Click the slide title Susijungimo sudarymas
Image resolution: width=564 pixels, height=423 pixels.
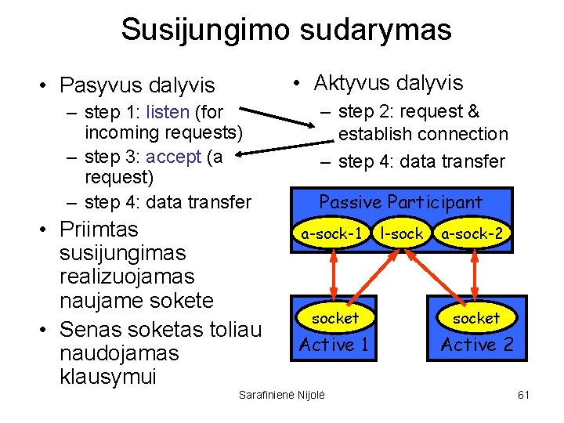click(x=286, y=30)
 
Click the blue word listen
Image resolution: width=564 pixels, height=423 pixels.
click(x=167, y=112)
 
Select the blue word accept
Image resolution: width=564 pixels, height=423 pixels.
click(x=174, y=157)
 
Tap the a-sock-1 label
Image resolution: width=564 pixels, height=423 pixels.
click(x=332, y=233)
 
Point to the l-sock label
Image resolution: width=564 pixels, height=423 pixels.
click(x=401, y=233)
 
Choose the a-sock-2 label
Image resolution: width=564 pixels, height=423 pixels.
click(x=472, y=233)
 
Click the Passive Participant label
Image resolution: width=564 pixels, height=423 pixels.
click(x=400, y=202)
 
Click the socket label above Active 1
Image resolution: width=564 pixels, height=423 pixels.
click(x=334, y=318)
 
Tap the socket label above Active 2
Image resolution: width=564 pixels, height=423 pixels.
click(x=476, y=318)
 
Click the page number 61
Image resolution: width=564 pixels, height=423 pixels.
click(x=524, y=394)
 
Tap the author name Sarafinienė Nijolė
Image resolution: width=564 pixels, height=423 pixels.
click(x=281, y=394)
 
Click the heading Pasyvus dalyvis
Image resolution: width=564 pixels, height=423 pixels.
click(x=137, y=84)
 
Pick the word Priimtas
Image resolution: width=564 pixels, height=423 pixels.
click(x=99, y=230)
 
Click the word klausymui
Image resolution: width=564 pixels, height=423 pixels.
click(x=108, y=377)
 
